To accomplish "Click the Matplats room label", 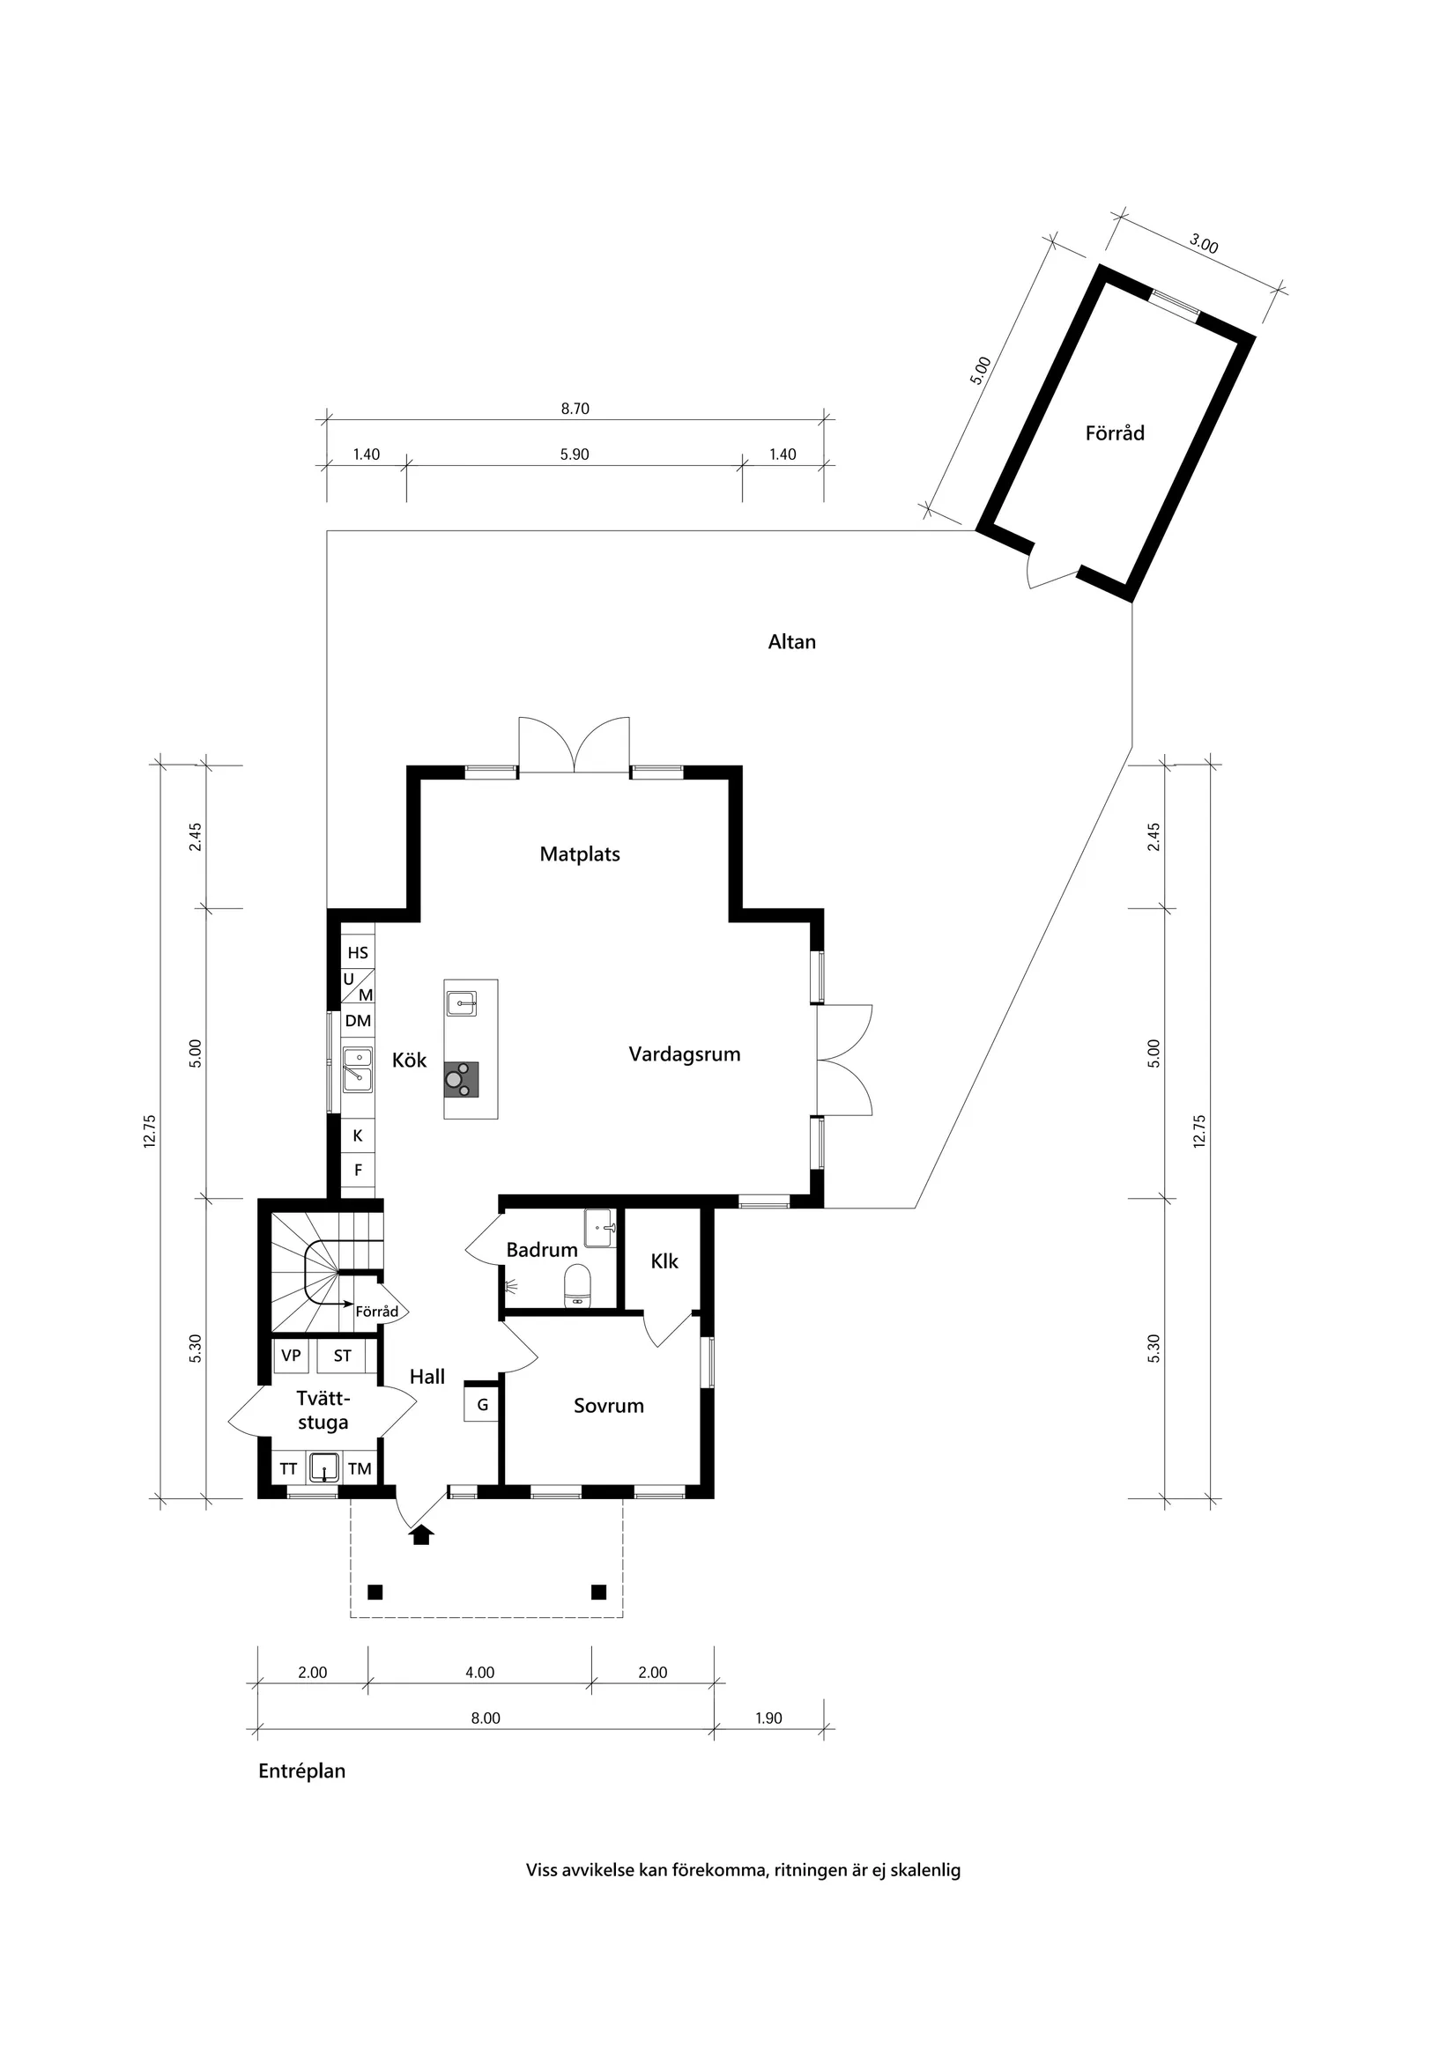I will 579,854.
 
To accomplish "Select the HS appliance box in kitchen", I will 358,952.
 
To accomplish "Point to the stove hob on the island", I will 461,1079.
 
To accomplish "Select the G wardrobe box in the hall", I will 482,1404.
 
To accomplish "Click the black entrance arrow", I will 422,1536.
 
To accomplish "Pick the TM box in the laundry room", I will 360,1468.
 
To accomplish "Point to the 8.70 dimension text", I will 575,409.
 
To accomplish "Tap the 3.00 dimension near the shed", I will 1204,243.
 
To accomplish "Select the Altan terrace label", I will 791,642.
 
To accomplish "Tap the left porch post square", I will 375,1592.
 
